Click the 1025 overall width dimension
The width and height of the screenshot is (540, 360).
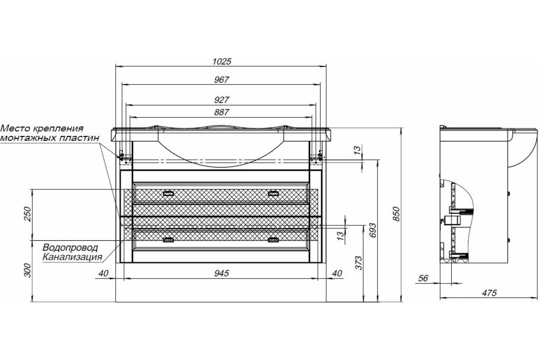pyautogui.click(x=221, y=62)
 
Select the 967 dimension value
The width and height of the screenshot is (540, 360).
pyautogui.click(x=221, y=80)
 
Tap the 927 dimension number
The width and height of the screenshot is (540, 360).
pyautogui.click(x=221, y=100)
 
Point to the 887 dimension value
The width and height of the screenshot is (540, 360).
pyautogui.click(x=221, y=112)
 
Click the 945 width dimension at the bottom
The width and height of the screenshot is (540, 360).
pyautogui.click(x=221, y=274)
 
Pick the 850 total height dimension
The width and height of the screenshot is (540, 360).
pyautogui.click(x=396, y=214)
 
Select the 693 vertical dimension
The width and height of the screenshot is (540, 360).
pyautogui.click(x=373, y=230)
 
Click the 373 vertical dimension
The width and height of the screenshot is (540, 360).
pyautogui.click(x=359, y=263)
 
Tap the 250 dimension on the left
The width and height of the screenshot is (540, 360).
pyautogui.click(x=27, y=214)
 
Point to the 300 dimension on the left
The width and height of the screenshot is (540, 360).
pyautogui.click(x=28, y=270)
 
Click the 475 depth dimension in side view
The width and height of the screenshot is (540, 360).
pyautogui.click(x=490, y=293)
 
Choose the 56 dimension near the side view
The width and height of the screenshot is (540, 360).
pyautogui.click(x=423, y=278)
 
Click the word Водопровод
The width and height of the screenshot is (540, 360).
pyautogui.click(x=70, y=247)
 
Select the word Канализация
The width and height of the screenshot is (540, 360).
pyautogui.click(x=72, y=257)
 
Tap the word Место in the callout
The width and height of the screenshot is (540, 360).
pyautogui.click(x=16, y=128)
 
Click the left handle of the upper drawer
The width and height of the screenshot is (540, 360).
pyautogui.click(x=168, y=193)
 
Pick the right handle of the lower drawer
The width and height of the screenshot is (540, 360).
pyautogui.click(x=274, y=240)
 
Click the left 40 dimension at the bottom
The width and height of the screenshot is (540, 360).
pyautogui.click(x=103, y=274)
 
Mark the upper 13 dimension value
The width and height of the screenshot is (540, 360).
pyautogui.click(x=358, y=150)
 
